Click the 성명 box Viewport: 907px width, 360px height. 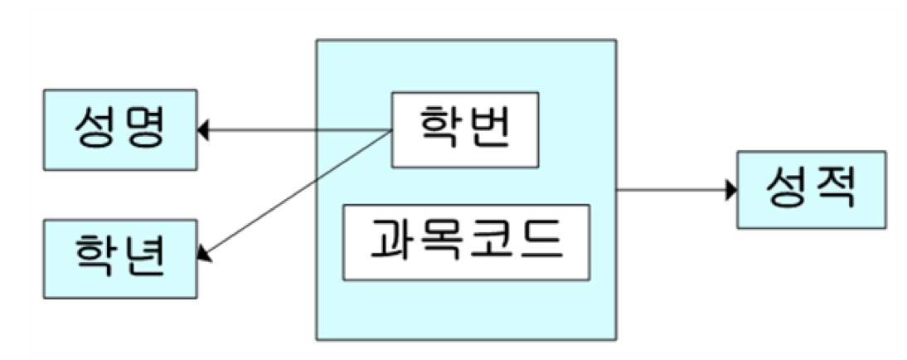click(x=120, y=129)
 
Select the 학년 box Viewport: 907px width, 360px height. click(x=120, y=259)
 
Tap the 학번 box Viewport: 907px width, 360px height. click(x=465, y=129)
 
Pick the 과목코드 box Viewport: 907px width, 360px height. click(x=466, y=242)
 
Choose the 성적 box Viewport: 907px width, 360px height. click(x=811, y=190)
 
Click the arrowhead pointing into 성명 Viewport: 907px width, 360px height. click(x=203, y=130)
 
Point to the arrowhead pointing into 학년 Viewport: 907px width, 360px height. click(x=204, y=253)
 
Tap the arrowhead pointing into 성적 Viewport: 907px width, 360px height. click(x=732, y=190)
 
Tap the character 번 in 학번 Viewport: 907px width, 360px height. click(x=489, y=129)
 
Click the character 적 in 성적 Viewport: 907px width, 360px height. click(x=833, y=188)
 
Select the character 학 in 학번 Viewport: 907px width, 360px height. click(x=440, y=129)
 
